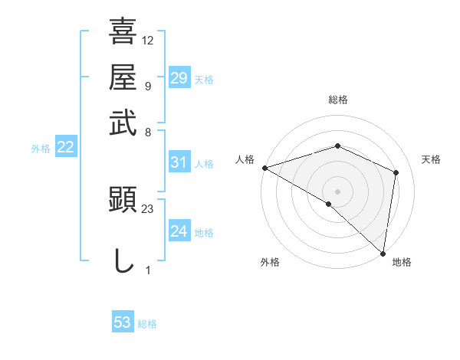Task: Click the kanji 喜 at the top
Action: [123, 33]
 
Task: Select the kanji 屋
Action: [123, 77]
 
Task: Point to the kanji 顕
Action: [123, 201]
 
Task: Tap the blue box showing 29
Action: [179, 77]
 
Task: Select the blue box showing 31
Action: [179, 162]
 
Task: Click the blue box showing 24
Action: [179, 231]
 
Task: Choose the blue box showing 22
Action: [65, 148]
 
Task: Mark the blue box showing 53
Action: [123, 322]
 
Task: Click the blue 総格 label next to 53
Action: [147, 324]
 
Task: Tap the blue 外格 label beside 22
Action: [41, 149]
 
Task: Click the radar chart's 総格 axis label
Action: [337, 100]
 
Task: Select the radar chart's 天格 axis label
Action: [431, 159]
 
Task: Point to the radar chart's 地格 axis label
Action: [402, 263]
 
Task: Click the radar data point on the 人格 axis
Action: [264, 167]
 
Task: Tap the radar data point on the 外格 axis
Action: [329, 204]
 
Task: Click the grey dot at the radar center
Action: [337, 191]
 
